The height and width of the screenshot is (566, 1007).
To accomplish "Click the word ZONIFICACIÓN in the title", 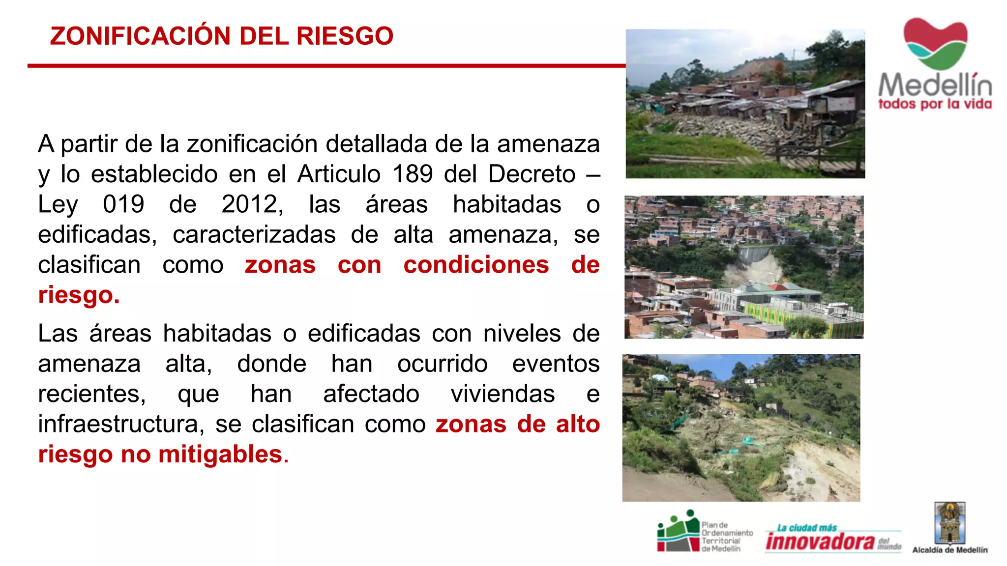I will coord(140,36).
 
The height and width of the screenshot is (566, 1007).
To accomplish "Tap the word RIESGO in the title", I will coord(345,36).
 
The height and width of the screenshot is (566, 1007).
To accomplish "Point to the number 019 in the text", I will coord(123,204).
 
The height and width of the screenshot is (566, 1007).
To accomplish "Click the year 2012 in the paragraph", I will coord(252,204).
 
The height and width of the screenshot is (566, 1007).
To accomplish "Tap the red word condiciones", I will coord(476,265).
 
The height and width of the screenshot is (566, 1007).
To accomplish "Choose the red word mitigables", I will coord(220,454).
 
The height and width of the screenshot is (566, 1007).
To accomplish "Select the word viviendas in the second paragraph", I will coord(503,394).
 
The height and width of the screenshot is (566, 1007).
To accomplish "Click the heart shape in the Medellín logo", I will coord(935,43).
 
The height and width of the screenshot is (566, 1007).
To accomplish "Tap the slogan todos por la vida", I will coord(935,104).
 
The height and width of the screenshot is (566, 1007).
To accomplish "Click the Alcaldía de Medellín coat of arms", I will coord(950,523).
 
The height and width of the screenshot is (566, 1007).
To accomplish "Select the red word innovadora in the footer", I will coord(820,541).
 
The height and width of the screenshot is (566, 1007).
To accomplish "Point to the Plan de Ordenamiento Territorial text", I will coord(727,537).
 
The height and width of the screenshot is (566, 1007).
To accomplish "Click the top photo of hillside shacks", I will coord(745,104).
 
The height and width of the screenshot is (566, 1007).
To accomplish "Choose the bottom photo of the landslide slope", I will coord(741,427).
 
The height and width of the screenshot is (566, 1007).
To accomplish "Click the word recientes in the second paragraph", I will coord(92,394).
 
